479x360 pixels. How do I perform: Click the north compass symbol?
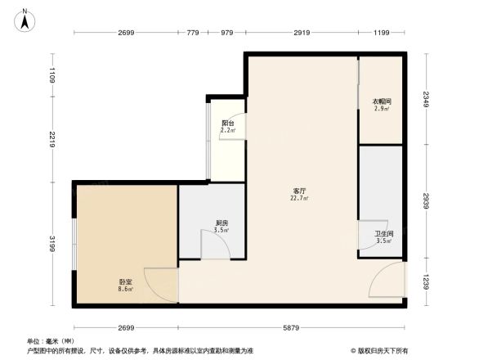[27, 20]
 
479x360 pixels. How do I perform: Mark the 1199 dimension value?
[381, 33]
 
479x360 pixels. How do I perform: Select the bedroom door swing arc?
[161, 283]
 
